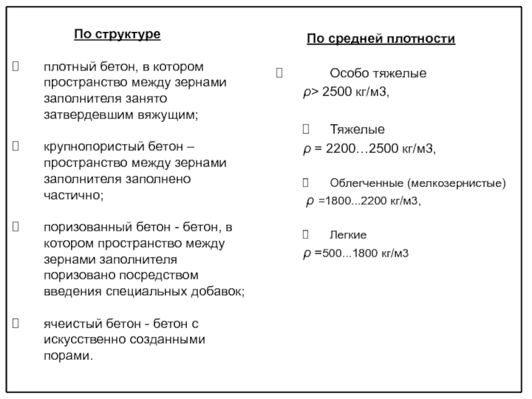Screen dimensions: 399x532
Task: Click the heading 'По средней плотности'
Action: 381,39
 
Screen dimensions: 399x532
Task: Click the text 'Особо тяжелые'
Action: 378,73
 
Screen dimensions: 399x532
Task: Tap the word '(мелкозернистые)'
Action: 457,182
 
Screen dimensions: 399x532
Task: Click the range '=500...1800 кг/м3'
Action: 362,253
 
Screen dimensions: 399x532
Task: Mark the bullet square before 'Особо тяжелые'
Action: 279,73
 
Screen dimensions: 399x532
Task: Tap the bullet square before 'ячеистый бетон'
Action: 17,324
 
